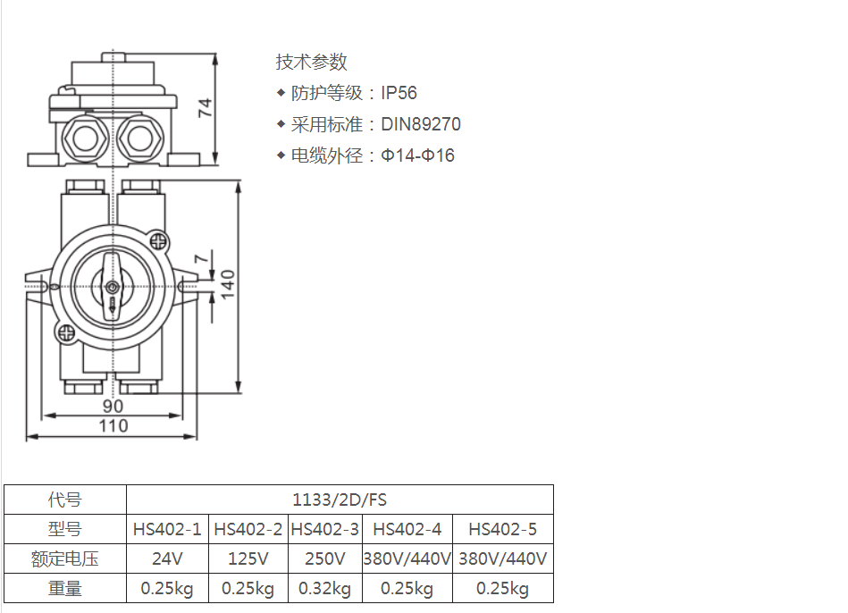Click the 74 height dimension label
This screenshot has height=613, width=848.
[x=205, y=107]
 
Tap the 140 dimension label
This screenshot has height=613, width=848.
[x=228, y=284]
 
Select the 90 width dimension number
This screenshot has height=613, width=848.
[x=113, y=406]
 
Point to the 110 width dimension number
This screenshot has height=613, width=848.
[x=113, y=426]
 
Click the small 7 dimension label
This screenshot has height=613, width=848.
[x=201, y=258]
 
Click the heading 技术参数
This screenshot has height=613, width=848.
[x=312, y=62]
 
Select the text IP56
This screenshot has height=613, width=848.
[x=399, y=93]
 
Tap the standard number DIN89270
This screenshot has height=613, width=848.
[x=421, y=124]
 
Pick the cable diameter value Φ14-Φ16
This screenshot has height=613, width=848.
[x=417, y=155]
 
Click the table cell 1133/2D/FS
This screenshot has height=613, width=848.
[x=340, y=500]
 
